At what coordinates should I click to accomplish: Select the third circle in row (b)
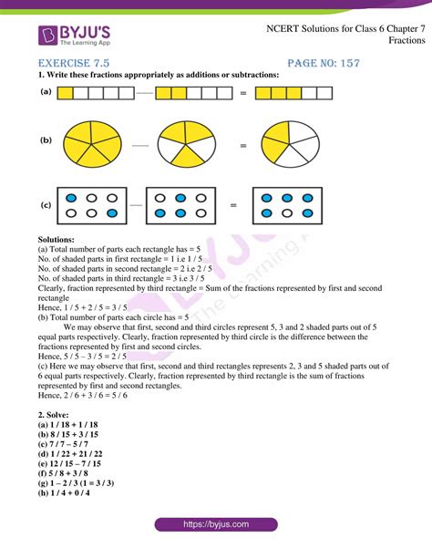[291, 144]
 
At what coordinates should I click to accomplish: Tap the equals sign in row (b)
[242, 144]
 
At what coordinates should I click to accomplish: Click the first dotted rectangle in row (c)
[92, 206]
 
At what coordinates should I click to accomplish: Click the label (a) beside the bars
[44, 92]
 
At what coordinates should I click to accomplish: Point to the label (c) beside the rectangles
[44, 206]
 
